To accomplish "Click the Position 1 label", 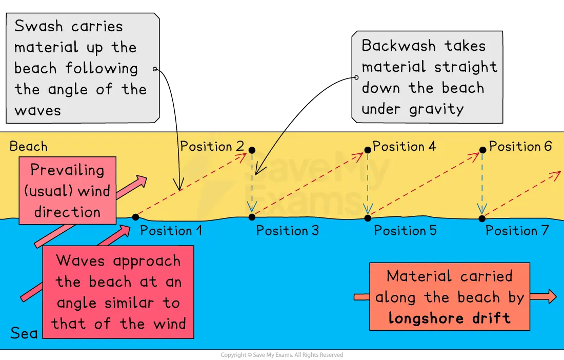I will (171, 231).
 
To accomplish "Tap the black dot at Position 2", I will (252, 150).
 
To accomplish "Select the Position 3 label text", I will (287, 231).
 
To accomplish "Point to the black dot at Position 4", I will (367, 150).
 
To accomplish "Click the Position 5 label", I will (405, 231).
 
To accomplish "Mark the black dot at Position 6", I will (482, 150).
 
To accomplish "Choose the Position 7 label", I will (517, 231).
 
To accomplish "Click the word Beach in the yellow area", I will (29, 147).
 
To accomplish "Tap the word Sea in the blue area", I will (24, 334).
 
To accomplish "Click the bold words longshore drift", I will (449, 318).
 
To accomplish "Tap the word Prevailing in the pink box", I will (67, 170).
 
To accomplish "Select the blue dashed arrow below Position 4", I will (367, 185).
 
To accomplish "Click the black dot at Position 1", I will (135, 217).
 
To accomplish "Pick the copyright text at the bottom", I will (281, 355).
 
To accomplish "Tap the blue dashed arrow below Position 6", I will (482, 185).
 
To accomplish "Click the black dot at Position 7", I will (482, 218).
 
